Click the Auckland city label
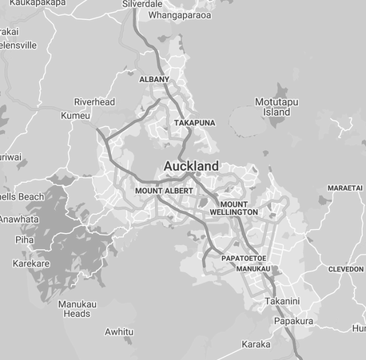[191, 166]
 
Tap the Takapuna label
[194, 123]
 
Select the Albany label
[154, 80]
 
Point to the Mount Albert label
[164, 191]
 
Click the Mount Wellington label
[234, 208]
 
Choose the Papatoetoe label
[243, 259]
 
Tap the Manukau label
[253, 269]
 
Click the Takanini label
[282, 301]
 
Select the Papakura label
[293, 321]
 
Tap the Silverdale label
[142, 4]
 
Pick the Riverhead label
[94, 102]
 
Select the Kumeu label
[75, 116]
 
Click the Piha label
[24, 239]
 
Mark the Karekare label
[31, 263]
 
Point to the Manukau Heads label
[77, 309]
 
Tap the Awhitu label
[119, 332]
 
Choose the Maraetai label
[345, 188]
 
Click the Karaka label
[256, 345]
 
